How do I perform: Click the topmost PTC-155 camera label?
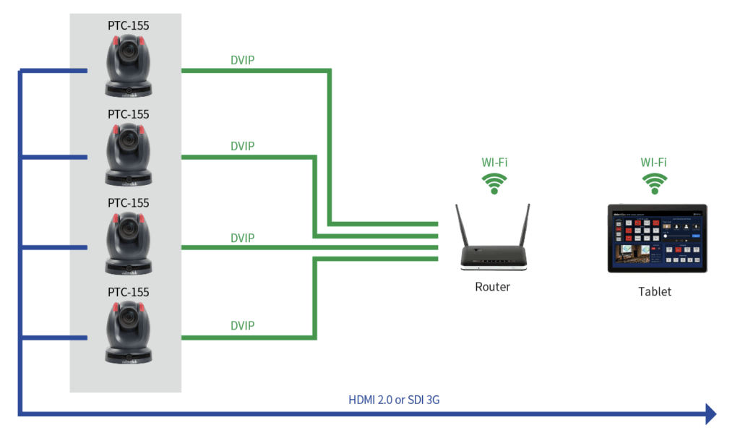[x=129, y=25]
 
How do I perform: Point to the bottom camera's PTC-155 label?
[x=129, y=292]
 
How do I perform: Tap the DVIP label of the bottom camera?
[x=242, y=326]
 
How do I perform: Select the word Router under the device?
[x=492, y=287]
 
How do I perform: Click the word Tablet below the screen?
[x=655, y=292]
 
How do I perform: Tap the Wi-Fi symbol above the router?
[x=494, y=184]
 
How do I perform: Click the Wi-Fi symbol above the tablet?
[x=655, y=184]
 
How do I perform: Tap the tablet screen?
[x=657, y=238]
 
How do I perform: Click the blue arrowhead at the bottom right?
[x=710, y=413]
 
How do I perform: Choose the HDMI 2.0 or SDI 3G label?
[x=403, y=400]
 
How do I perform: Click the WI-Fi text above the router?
[x=494, y=162]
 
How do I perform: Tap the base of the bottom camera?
[x=129, y=356]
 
